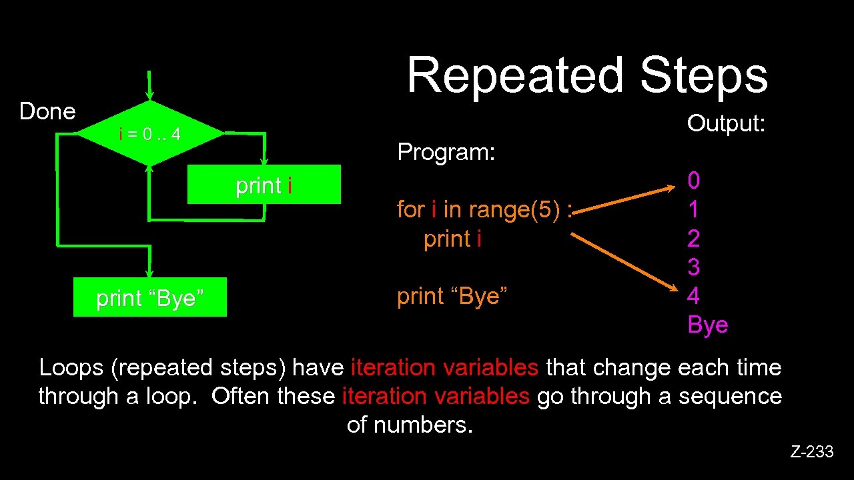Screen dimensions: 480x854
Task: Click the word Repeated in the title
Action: (514, 75)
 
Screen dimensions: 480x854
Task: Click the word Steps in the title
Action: (704, 75)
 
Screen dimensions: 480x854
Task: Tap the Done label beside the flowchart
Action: (47, 111)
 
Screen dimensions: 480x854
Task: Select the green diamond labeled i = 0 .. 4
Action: (150, 134)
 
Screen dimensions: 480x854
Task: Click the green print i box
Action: (264, 185)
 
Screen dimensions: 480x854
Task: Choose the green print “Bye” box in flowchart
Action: (150, 297)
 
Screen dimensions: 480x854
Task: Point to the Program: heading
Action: (446, 152)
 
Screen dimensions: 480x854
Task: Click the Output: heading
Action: (726, 123)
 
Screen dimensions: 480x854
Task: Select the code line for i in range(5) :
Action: (485, 209)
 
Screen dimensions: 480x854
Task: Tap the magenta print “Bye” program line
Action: (452, 295)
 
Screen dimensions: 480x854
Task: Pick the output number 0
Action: (694, 180)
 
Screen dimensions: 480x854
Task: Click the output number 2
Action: (694, 238)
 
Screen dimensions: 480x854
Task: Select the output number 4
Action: (694, 295)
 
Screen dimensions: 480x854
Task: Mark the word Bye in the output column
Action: (708, 325)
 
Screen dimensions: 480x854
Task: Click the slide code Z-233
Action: (812, 452)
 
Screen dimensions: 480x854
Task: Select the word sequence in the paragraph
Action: (730, 396)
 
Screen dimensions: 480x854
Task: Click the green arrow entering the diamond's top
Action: (150, 85)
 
